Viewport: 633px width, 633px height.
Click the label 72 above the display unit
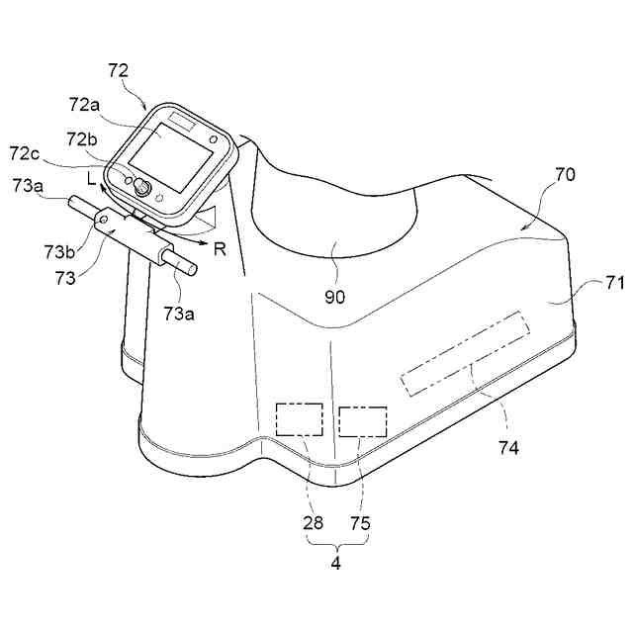click(x=118, y=71)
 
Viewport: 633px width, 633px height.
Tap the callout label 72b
click(x=84, y=136)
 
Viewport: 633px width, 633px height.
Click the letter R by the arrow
click(x=221, y=248)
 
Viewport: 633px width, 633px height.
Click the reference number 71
click(x=614, y=284)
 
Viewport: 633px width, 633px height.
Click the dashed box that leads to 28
click(x=299, y=419)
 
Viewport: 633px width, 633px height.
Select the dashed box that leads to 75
click(x=362, y=421)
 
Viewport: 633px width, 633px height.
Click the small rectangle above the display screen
click(x=184, y=120)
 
